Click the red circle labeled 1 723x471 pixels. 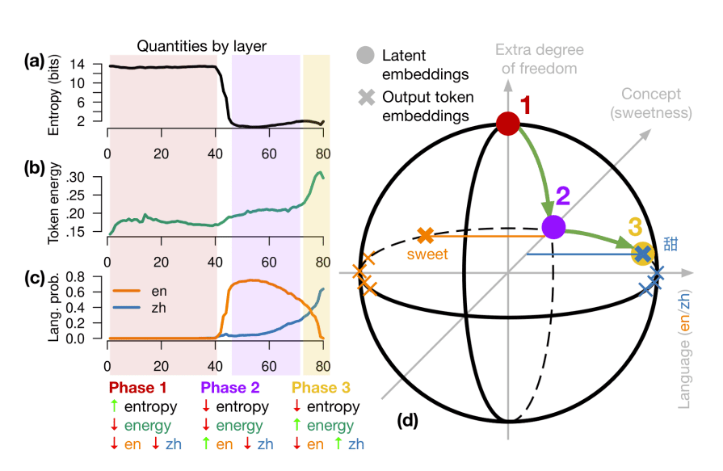click(x=508, y=124)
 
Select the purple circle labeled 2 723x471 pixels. click(x=553, y=227)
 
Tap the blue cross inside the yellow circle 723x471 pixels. click(x=642, y=254)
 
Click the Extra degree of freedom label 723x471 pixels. click(x=540, y=60)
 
